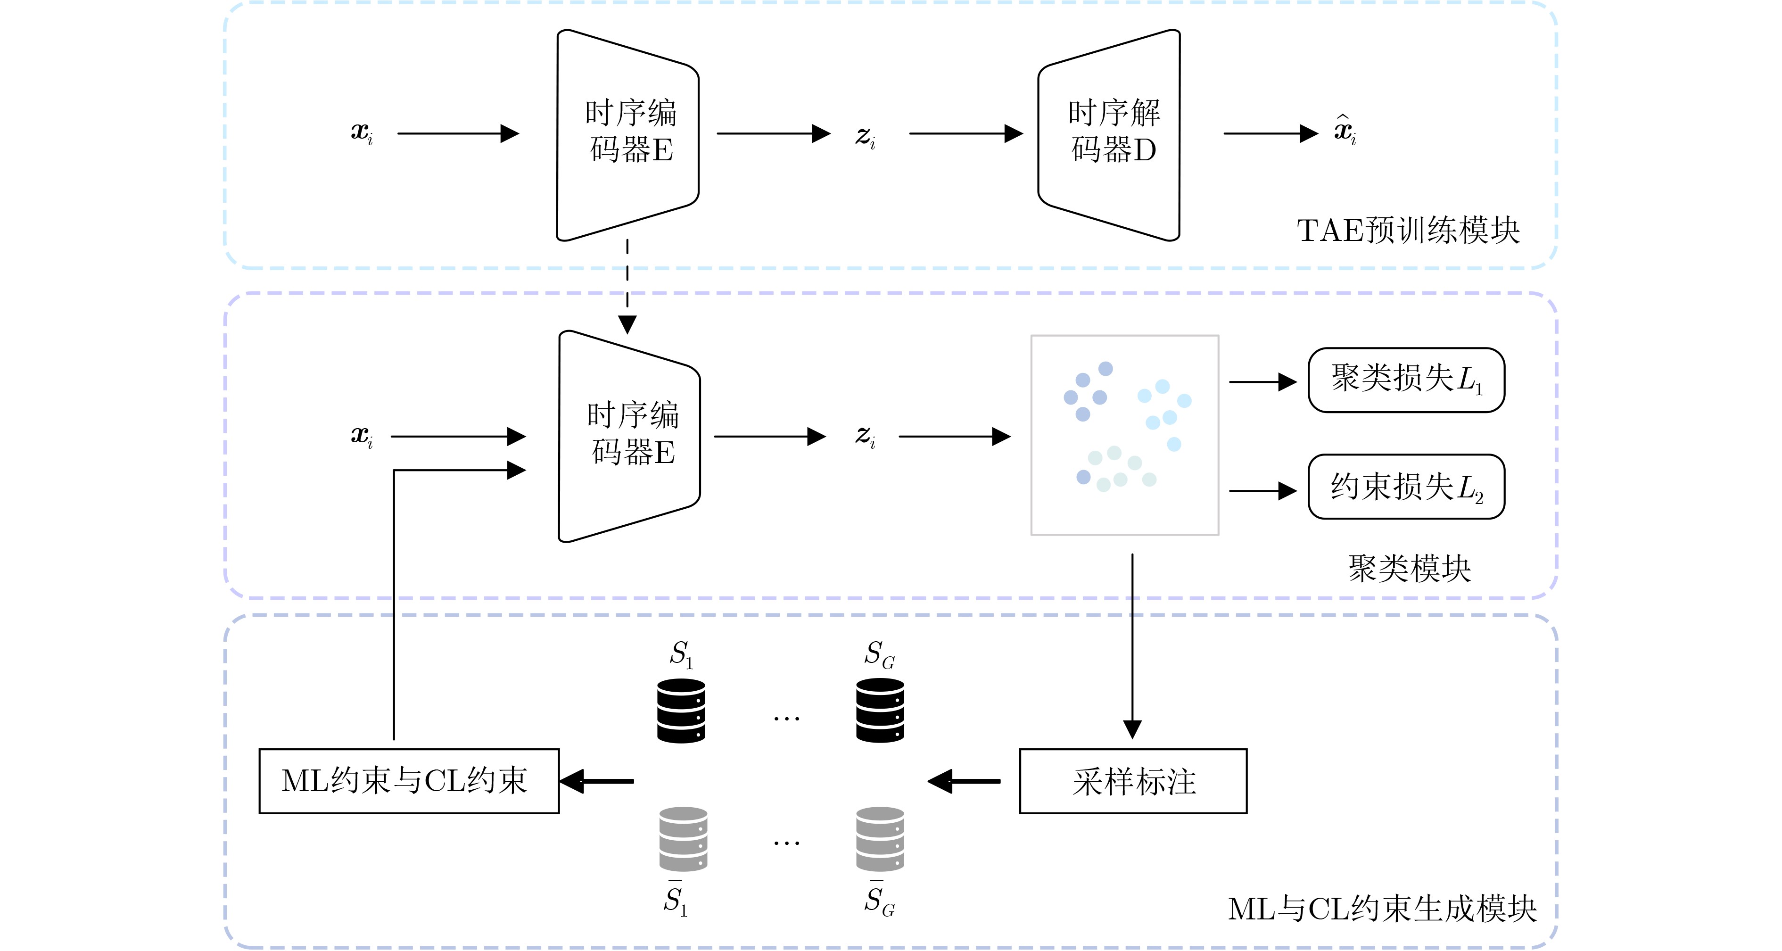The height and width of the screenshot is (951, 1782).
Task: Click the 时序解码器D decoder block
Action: click(1109, 135)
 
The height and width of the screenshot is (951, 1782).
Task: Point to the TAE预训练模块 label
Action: click(1407, 230)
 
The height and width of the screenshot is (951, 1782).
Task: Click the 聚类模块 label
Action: click(1409, 569)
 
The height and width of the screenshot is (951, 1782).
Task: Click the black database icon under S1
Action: click(681, 711)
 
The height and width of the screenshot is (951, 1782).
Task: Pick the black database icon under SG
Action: click(880, 711)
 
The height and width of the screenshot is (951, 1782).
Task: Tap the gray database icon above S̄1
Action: click(683, 838)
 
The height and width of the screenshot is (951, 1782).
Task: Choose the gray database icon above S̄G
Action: click(880, 838)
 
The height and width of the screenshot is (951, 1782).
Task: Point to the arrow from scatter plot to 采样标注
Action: click(1132, 643)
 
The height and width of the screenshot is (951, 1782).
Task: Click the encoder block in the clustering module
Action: click(629, 436)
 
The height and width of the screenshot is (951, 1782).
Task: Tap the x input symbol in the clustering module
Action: click(361, 436)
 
